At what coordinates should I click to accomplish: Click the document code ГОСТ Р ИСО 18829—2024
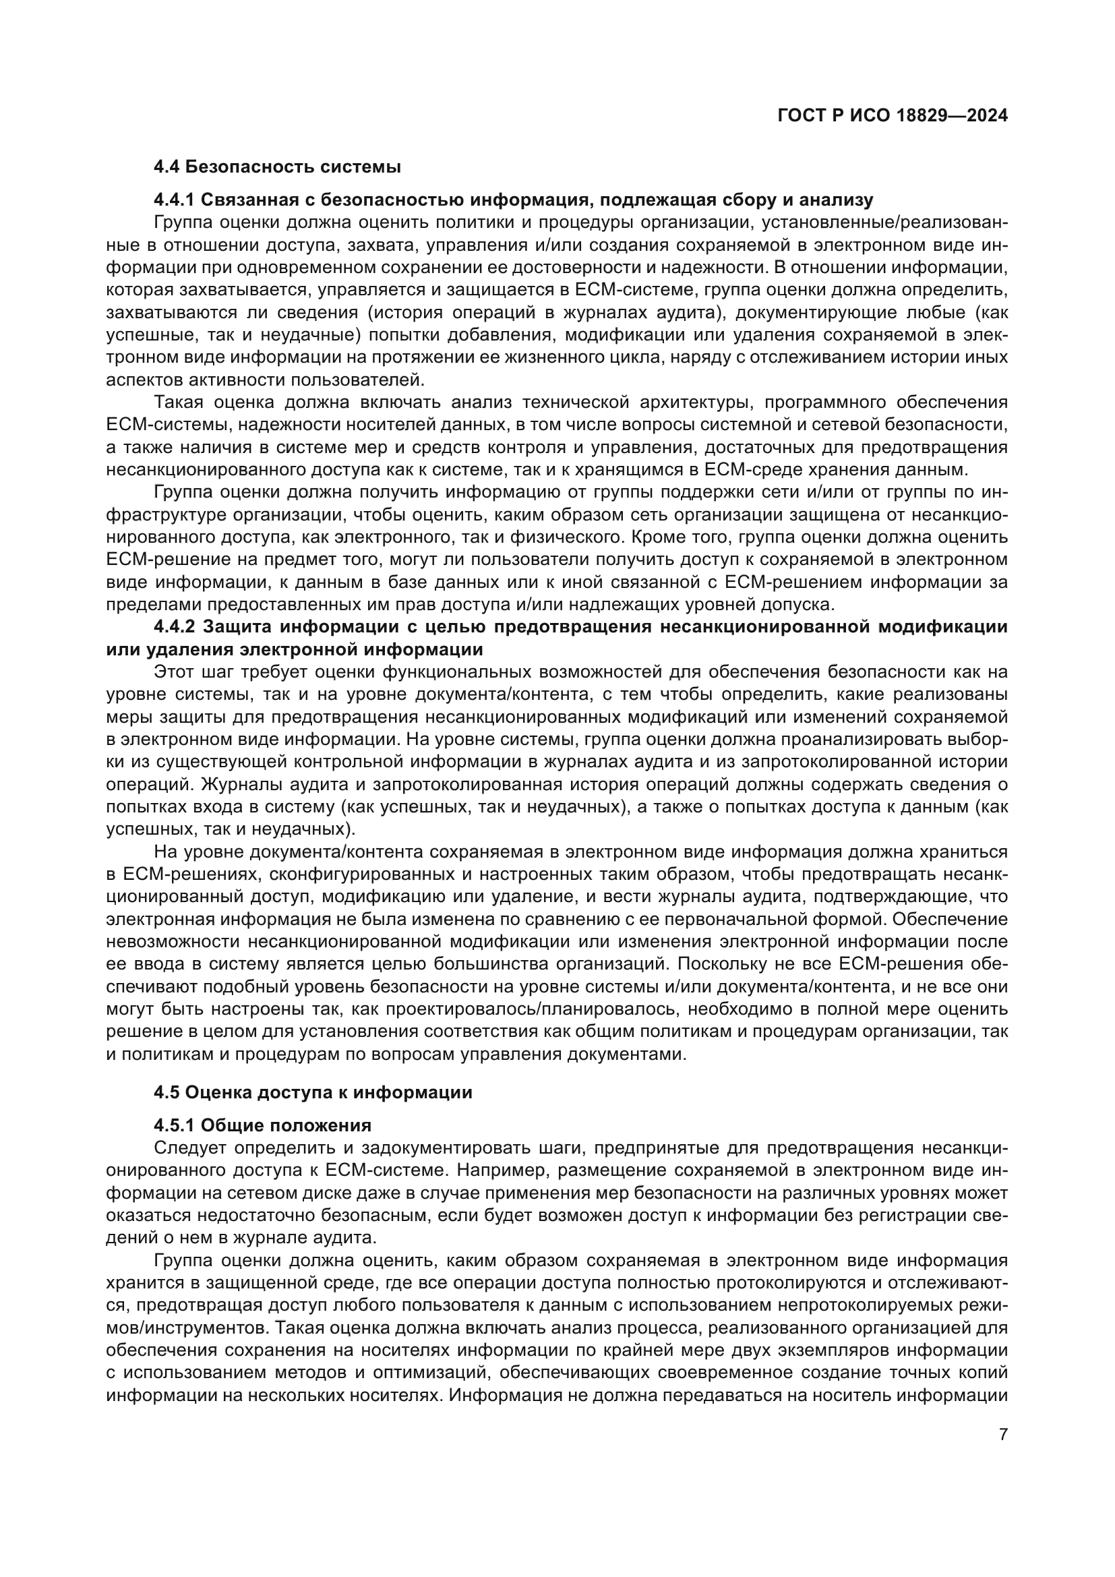pyautogui.click(x=892, y=116)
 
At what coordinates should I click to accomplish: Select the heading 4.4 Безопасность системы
pyautogui.click(x=276, y=167)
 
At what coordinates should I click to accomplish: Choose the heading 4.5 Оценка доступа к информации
pyautogui.click(x=313, y=1092)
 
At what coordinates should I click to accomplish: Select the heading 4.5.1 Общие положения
pyautogui.click(x=262, y=1125)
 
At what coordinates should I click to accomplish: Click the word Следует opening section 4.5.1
pyautogui.click(x=189, y=1148)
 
